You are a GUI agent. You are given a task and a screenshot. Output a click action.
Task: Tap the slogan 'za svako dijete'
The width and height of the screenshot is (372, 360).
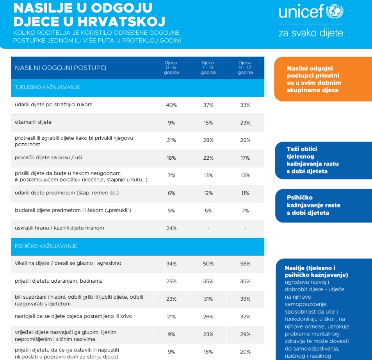pos(311,32)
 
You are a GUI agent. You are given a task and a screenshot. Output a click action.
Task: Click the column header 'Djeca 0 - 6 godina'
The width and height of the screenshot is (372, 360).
pos(171,68)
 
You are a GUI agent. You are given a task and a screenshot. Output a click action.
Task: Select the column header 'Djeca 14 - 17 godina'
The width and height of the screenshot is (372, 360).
pos(245,68)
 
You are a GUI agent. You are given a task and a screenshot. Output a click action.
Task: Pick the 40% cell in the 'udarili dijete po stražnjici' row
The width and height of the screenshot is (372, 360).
pos(171,105)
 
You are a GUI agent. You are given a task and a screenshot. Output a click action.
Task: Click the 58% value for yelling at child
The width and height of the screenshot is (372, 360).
pos(245,264)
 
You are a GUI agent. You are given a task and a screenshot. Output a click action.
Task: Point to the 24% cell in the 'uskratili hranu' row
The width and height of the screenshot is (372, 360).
pos(171,228)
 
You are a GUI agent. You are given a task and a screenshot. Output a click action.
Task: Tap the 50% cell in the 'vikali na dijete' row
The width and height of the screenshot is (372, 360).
pos(208,264)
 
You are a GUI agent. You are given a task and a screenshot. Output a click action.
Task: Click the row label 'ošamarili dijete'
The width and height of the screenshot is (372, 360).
pos(33,122)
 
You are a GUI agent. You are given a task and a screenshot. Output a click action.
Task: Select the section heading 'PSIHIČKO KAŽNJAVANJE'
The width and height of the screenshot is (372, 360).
pos(46,246)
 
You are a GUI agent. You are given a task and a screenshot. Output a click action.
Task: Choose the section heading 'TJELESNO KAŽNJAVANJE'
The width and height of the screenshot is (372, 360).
pos(48,87)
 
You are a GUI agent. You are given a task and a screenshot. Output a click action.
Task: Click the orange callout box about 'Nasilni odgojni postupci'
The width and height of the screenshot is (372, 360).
pos(322,79)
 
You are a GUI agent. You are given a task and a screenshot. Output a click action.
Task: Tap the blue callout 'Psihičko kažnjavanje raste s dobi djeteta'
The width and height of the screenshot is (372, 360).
pos(322,205)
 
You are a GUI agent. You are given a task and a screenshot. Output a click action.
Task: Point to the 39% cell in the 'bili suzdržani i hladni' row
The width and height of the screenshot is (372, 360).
pos(245,299)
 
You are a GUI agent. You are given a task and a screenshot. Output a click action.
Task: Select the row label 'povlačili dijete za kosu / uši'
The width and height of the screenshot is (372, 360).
pos(48,157)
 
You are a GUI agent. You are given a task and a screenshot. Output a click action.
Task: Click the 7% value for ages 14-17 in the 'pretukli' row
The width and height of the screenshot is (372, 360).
pos(245,211)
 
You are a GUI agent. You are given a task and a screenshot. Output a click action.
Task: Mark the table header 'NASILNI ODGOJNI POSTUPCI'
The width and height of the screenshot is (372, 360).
pos(61,68)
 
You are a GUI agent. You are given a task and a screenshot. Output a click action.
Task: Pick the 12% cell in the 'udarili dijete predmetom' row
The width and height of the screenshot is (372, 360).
pos(208,193)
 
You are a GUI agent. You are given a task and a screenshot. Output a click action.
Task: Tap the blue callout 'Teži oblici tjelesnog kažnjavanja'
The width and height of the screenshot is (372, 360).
pos(322,160)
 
